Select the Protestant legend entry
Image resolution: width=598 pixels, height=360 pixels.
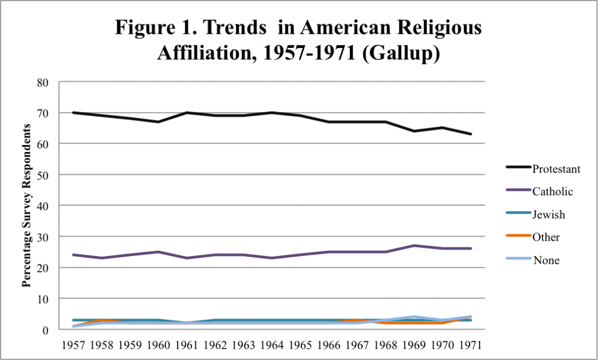(556, 169)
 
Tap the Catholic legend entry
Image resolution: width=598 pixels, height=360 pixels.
(552, 191)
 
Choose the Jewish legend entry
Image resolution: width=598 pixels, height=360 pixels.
(548, 214)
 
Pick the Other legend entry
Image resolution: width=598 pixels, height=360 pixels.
(546, 237)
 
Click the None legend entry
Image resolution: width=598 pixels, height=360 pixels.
(546, 261)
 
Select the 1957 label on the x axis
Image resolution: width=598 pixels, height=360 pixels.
(74, 344)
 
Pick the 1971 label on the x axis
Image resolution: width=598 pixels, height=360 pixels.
(470, 344)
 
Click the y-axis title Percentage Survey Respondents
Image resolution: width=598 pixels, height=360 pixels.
(26, 206)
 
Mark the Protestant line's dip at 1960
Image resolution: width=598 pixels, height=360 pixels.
(158, 122)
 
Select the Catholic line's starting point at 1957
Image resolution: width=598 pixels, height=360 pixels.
(74, 255)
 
